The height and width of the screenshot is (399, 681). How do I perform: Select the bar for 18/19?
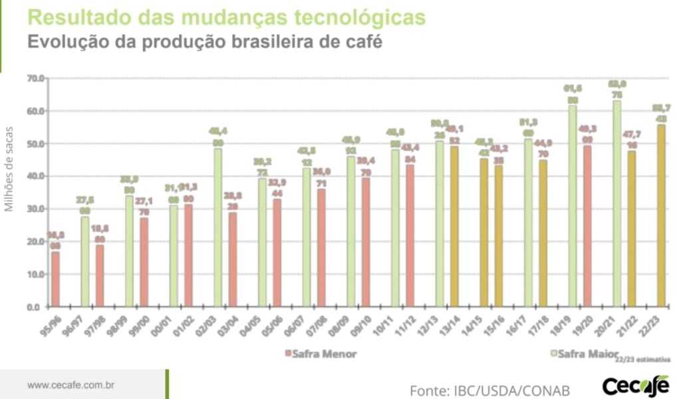(573, 206)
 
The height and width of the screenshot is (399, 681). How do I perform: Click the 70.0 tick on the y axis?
(35, 78)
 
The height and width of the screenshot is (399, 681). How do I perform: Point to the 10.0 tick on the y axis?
(35, 274)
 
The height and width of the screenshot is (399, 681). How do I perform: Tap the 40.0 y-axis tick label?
(35, 176)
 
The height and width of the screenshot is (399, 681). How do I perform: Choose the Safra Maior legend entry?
(585, 354)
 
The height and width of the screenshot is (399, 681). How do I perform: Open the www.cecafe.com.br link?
(72, 385)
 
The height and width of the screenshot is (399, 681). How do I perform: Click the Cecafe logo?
(635, 385)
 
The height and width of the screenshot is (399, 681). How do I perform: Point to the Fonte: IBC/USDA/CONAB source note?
(489, 388)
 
